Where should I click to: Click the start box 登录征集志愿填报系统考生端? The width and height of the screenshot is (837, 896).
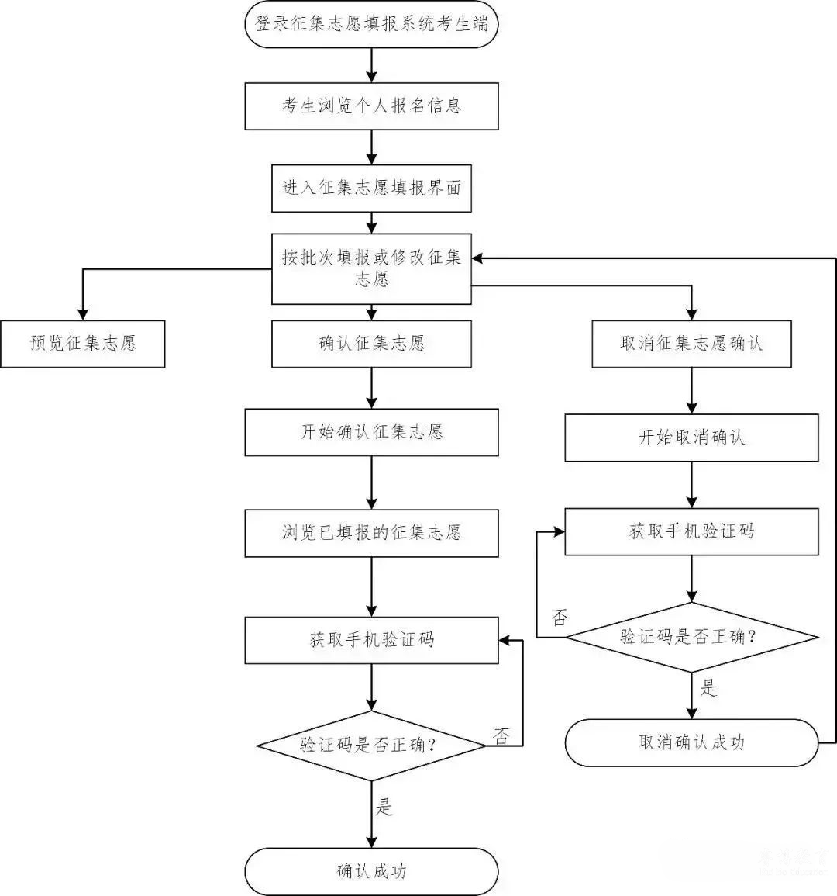point(371,24)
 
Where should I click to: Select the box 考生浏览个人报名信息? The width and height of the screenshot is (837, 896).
point(371,106)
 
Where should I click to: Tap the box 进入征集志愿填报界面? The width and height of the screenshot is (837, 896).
point(371,188)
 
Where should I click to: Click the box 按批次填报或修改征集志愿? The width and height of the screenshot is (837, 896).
point(371,268)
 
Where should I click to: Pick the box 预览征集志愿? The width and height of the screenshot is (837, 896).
point(82,343)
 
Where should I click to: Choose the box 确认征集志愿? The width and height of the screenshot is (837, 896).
point(371,344)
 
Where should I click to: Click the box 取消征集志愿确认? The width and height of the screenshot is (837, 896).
point(691,344)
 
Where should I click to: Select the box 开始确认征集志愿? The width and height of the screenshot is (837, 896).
point(371,432)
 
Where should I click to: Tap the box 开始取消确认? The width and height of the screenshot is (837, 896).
point(691,438)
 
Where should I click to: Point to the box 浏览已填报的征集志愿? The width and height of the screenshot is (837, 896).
point(371,532)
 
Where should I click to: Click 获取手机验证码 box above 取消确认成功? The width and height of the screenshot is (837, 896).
point(691,531)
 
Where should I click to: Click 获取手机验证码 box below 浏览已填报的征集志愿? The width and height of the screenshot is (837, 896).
point(371,640)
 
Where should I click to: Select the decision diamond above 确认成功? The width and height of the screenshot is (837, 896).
point(371,746)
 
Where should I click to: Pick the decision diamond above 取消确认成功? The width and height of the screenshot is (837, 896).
point(691,637)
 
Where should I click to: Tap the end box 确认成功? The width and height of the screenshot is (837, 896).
point(371,871)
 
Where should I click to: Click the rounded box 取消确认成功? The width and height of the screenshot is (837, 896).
point(691,742)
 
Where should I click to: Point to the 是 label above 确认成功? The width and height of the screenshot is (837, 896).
point(384,807)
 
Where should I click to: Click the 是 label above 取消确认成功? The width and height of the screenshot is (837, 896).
point(708,688)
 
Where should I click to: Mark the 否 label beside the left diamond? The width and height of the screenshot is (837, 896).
point(502,736)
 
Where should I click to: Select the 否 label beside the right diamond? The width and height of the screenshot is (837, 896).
point(559,618)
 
